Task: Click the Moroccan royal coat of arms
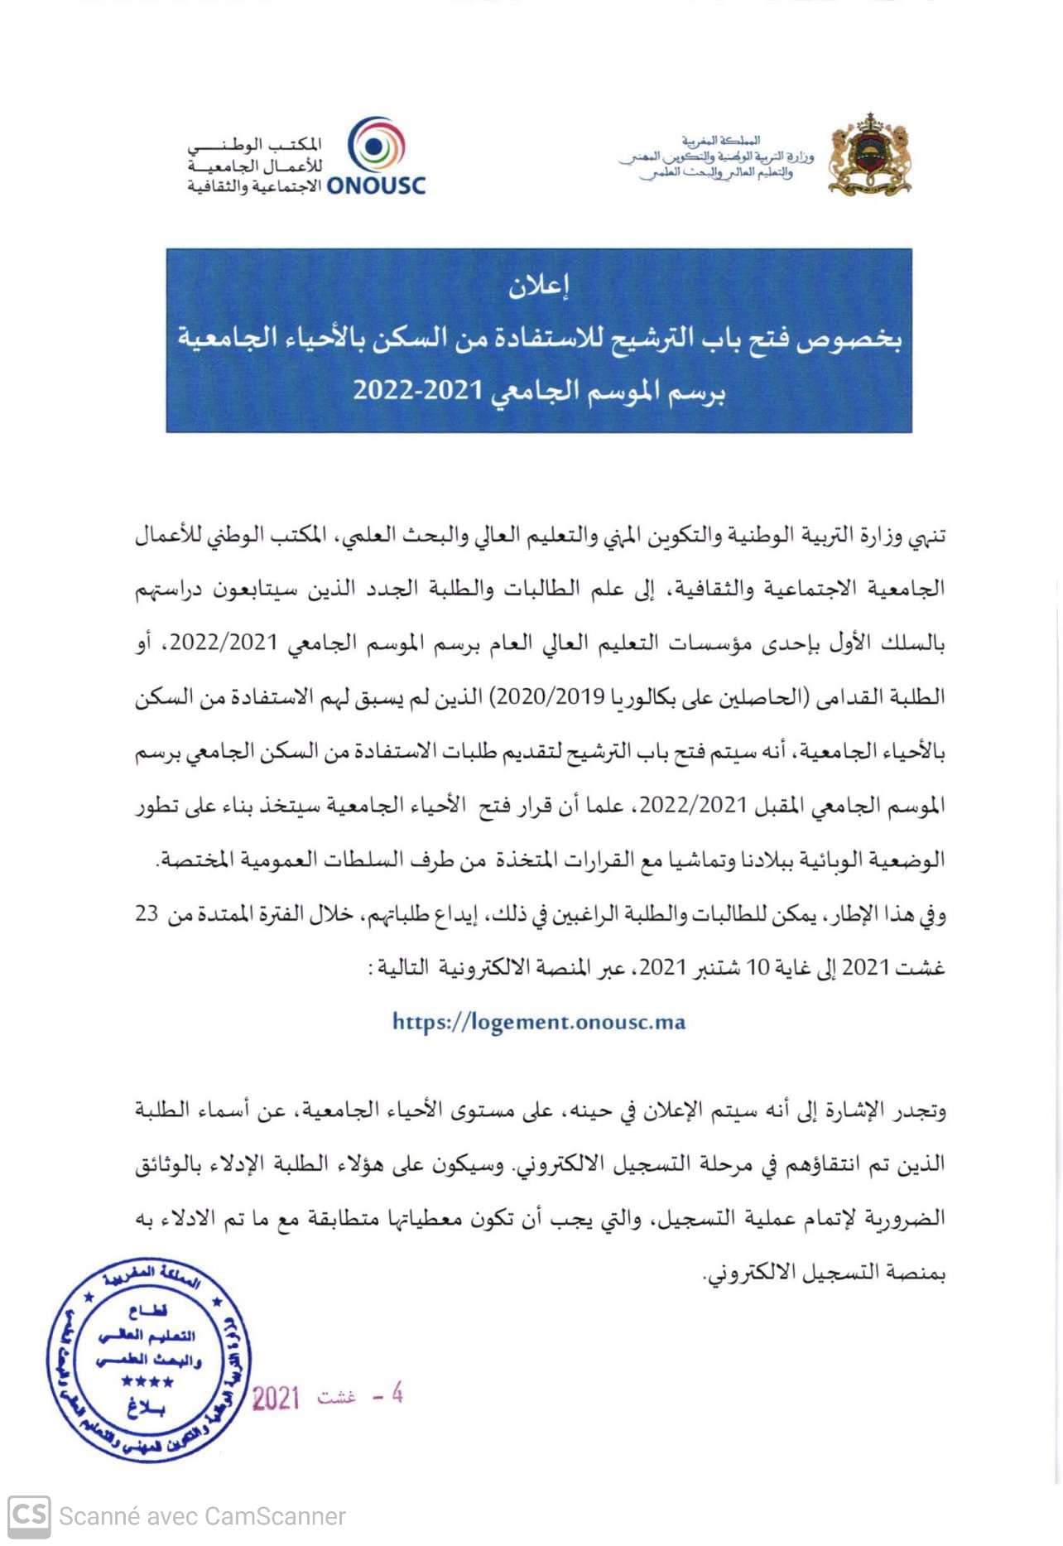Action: click(870, 155)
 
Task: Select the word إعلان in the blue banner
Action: click(539, 287)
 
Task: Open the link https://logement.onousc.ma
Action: click(539, 1022)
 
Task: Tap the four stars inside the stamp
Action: click(147, 1382)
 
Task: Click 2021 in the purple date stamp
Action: click(275, 1399)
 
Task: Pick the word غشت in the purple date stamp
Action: click(336, 1398)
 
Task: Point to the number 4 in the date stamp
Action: click(396, 1394)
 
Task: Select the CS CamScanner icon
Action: click(29, 1516)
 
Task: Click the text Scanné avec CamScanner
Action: click(202, 1517)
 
